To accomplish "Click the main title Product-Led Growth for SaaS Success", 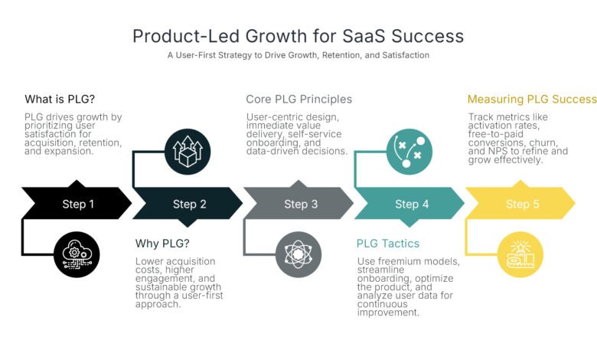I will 298,36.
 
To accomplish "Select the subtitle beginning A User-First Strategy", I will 298,55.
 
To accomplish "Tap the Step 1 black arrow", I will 77,204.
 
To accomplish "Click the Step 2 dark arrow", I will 188,204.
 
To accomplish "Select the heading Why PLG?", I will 158,244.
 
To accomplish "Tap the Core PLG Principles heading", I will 298,100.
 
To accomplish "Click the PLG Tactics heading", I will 388,244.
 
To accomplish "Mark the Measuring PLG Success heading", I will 531,100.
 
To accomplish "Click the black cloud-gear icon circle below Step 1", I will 77,254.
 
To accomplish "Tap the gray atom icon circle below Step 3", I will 298,254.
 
